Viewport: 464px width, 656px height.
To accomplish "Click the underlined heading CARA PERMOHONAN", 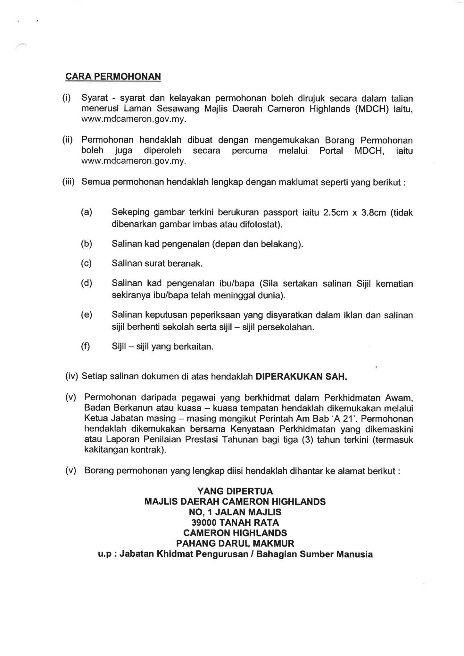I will click(x=113, y=77).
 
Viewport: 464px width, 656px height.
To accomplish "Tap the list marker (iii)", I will click(x=68, y=182).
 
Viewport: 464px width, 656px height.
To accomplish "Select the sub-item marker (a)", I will click(x=87, y=212).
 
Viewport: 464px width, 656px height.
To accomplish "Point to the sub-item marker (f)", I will click(x=86, y=346).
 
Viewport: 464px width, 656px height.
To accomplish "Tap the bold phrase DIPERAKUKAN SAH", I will click(x=301, y=376).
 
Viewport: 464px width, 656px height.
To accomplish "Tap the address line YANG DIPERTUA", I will click(x=235, y=491).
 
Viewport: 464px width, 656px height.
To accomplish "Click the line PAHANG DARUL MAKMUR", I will click(x=235, y=543).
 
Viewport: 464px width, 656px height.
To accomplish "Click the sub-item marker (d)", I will click(x=87, y=283).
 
